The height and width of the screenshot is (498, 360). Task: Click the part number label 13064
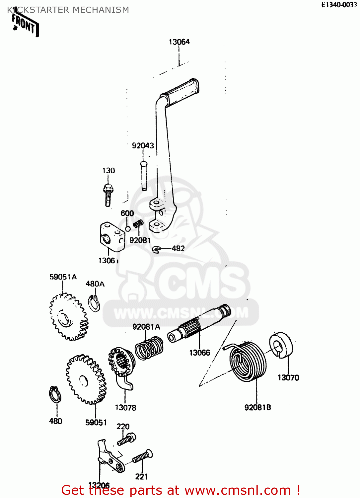coord(179,42)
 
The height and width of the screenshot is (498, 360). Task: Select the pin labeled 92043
coord(144,176)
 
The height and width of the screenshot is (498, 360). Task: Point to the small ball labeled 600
coord(127,229)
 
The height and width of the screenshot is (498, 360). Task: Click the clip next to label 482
coord(157,249)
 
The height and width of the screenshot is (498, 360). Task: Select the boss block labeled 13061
coord(112,237)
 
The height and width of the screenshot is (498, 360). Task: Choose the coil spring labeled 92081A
coord(149,348)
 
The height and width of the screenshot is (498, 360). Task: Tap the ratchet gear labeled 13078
coord(121,365)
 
